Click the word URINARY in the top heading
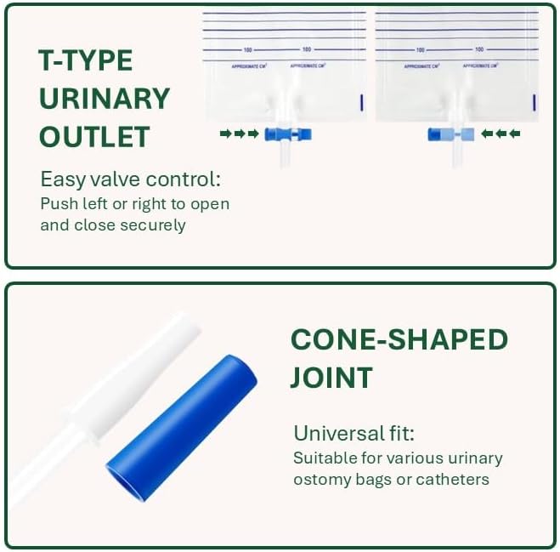105,99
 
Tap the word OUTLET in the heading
94,137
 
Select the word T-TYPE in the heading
86,61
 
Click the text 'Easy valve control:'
130,179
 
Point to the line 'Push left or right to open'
134,204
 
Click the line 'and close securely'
112,225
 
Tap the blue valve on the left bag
288,134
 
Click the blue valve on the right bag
450,134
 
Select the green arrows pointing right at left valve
239,134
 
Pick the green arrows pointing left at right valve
501,134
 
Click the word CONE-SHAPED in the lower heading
399,339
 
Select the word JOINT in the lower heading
331,377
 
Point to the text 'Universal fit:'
354,433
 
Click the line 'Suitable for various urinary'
398,458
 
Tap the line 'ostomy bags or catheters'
391,479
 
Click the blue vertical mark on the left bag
363,102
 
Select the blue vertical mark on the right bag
535,102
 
